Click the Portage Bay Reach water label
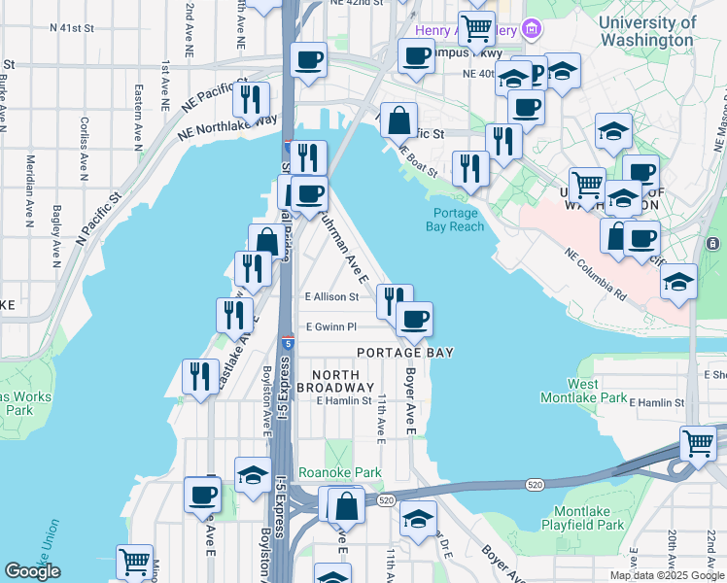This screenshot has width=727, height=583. (x=454, y=220)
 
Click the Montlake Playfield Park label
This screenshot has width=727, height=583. (x=589, y=518)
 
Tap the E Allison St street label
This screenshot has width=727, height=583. (x=332, y=296)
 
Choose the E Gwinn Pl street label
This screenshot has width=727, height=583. (x=331, y=327)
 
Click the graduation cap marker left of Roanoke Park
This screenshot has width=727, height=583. (x=253, y=474)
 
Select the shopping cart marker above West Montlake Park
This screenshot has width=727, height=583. (x=698, y=443)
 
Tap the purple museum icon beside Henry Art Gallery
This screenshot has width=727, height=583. (x=531, y=28)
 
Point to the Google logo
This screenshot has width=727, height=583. (x=32, y=571)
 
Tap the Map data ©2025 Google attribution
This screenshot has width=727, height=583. (x=666, y=575)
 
